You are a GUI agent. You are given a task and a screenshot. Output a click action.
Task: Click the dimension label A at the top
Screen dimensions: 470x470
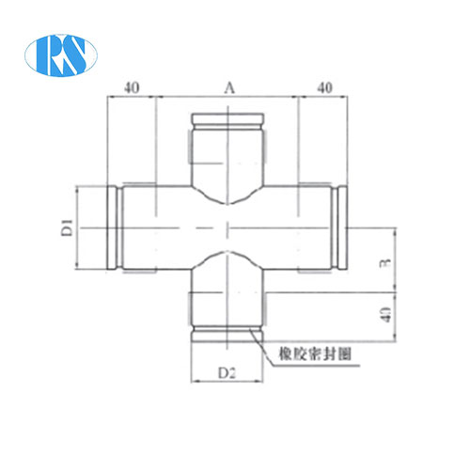tap(227, 87)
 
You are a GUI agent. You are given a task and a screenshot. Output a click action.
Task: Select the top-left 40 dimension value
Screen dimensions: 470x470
tap(132, 87)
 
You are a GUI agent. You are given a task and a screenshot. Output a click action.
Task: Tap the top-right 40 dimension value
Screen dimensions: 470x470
tap(325, 87)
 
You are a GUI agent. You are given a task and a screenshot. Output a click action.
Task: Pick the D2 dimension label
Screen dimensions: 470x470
tap(227, 374)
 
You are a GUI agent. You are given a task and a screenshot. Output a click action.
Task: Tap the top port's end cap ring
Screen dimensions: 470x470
tap(227, 119)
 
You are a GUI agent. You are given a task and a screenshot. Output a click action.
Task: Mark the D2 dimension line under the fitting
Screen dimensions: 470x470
tap(227, 384)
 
